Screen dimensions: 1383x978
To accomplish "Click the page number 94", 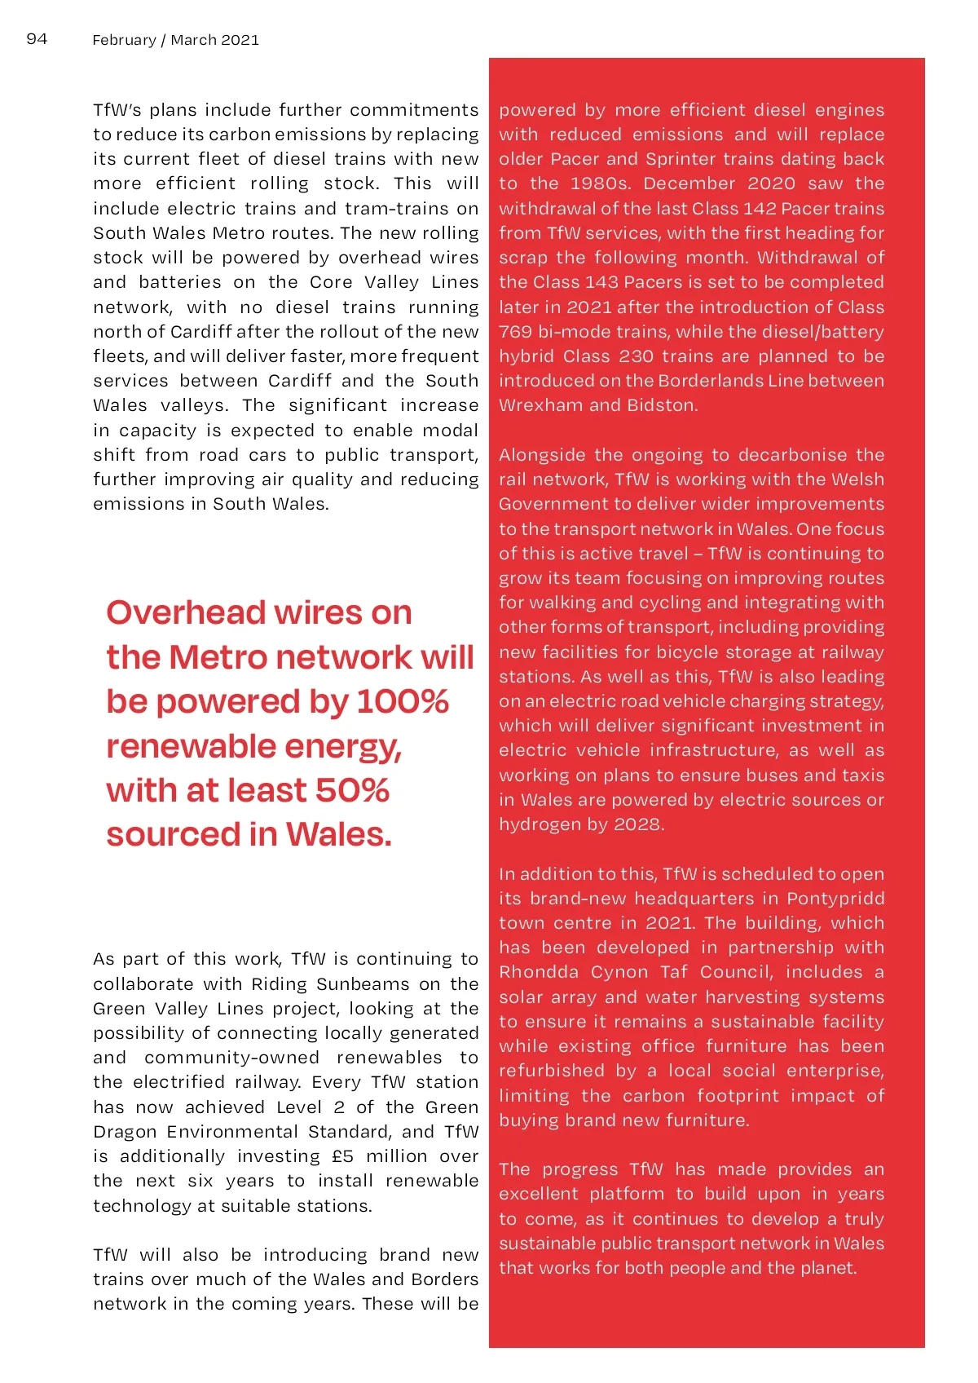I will pos(37,39).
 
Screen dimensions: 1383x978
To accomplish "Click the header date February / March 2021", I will pos(175,40).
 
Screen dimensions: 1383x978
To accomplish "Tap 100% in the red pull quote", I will pos(403,701).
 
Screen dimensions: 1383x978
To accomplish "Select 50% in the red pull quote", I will pos(352,790).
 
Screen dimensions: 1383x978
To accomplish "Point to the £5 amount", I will pos(343,1156).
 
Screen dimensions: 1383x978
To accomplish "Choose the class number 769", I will pos(515,332).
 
